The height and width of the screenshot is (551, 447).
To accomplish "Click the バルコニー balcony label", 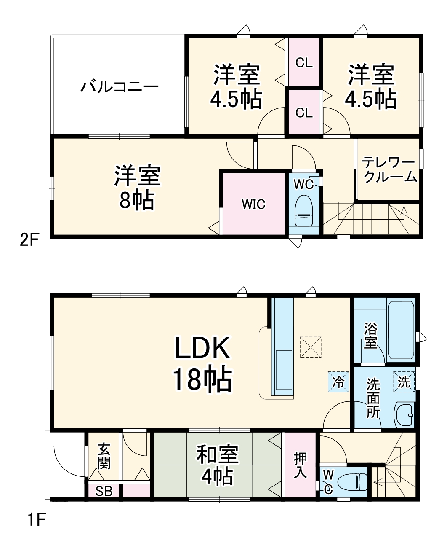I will point(120,87).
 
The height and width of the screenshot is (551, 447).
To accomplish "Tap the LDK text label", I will point(202,348).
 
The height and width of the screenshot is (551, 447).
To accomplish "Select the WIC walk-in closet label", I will point(253,204).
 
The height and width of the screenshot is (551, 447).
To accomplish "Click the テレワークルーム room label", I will point(389,169).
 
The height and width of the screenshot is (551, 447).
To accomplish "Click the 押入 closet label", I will point(301,465).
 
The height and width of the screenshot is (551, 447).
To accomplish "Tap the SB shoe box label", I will point(104,492).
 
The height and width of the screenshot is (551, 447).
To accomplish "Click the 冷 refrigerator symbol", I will point(338,382).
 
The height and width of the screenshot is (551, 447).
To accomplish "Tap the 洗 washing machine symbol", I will point(404,382).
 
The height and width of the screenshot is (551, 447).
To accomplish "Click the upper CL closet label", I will point(304,63).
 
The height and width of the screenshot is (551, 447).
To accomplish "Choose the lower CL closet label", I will point(304,113).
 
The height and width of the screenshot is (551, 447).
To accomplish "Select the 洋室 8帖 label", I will point(137,188).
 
